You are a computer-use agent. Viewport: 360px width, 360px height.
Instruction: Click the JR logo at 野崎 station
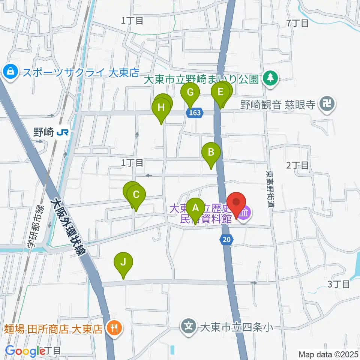[x=62, y=132]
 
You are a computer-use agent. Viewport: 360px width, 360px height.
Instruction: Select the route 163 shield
[x=195, y=112]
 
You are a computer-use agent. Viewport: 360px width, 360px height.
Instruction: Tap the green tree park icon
[x=270, y=78]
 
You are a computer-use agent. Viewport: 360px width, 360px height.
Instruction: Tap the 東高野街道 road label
[x=269, y=190]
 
